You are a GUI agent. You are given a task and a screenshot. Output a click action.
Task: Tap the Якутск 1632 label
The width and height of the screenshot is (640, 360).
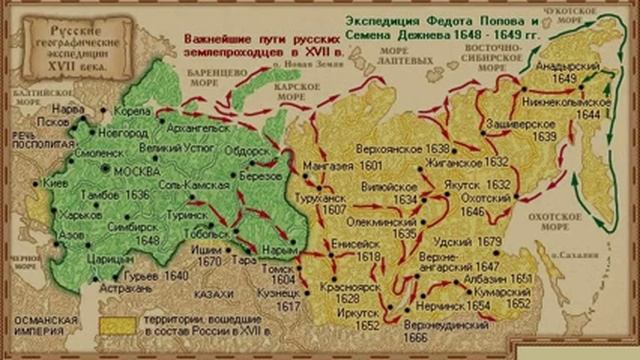click(x=483, y=185)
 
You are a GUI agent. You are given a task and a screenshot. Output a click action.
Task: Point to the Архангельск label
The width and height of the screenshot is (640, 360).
click(x=198, y=127)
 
